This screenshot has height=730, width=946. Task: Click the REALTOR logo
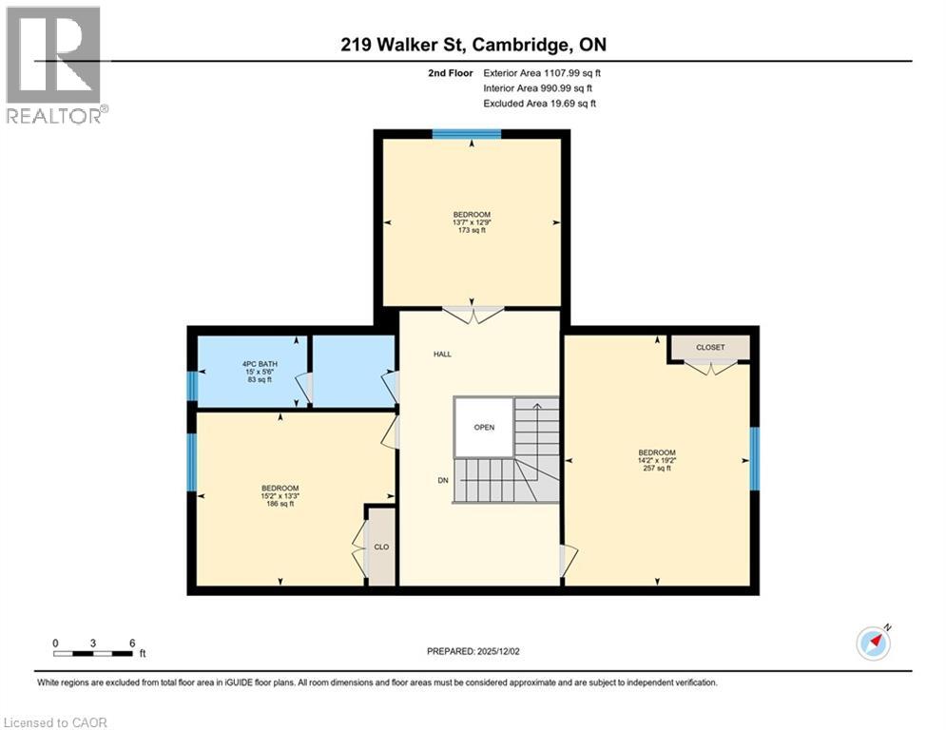click(53, 65)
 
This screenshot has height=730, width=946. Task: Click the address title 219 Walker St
click(472, 45)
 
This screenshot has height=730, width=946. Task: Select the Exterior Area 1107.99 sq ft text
click(542, 72)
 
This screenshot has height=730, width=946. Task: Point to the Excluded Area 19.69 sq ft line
click(540, 104)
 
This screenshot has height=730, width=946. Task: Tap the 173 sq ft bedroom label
click(472, 221)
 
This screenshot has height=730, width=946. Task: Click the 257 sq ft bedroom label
click(657, 459)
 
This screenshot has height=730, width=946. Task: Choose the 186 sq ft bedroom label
click(280, 496)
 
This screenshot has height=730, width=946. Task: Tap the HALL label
click(442, 354)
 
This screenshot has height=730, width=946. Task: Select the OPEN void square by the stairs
click(484, 427)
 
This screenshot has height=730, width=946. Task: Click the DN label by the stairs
click(442, 481)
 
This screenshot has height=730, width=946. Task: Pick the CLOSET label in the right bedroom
click(710, 348)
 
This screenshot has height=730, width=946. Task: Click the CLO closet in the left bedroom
click(381, 547)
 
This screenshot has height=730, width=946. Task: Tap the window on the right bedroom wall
click(755, 458)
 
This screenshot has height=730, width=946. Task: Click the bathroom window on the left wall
click(192, 387)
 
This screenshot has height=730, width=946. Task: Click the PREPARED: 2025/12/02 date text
click(472, 651)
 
